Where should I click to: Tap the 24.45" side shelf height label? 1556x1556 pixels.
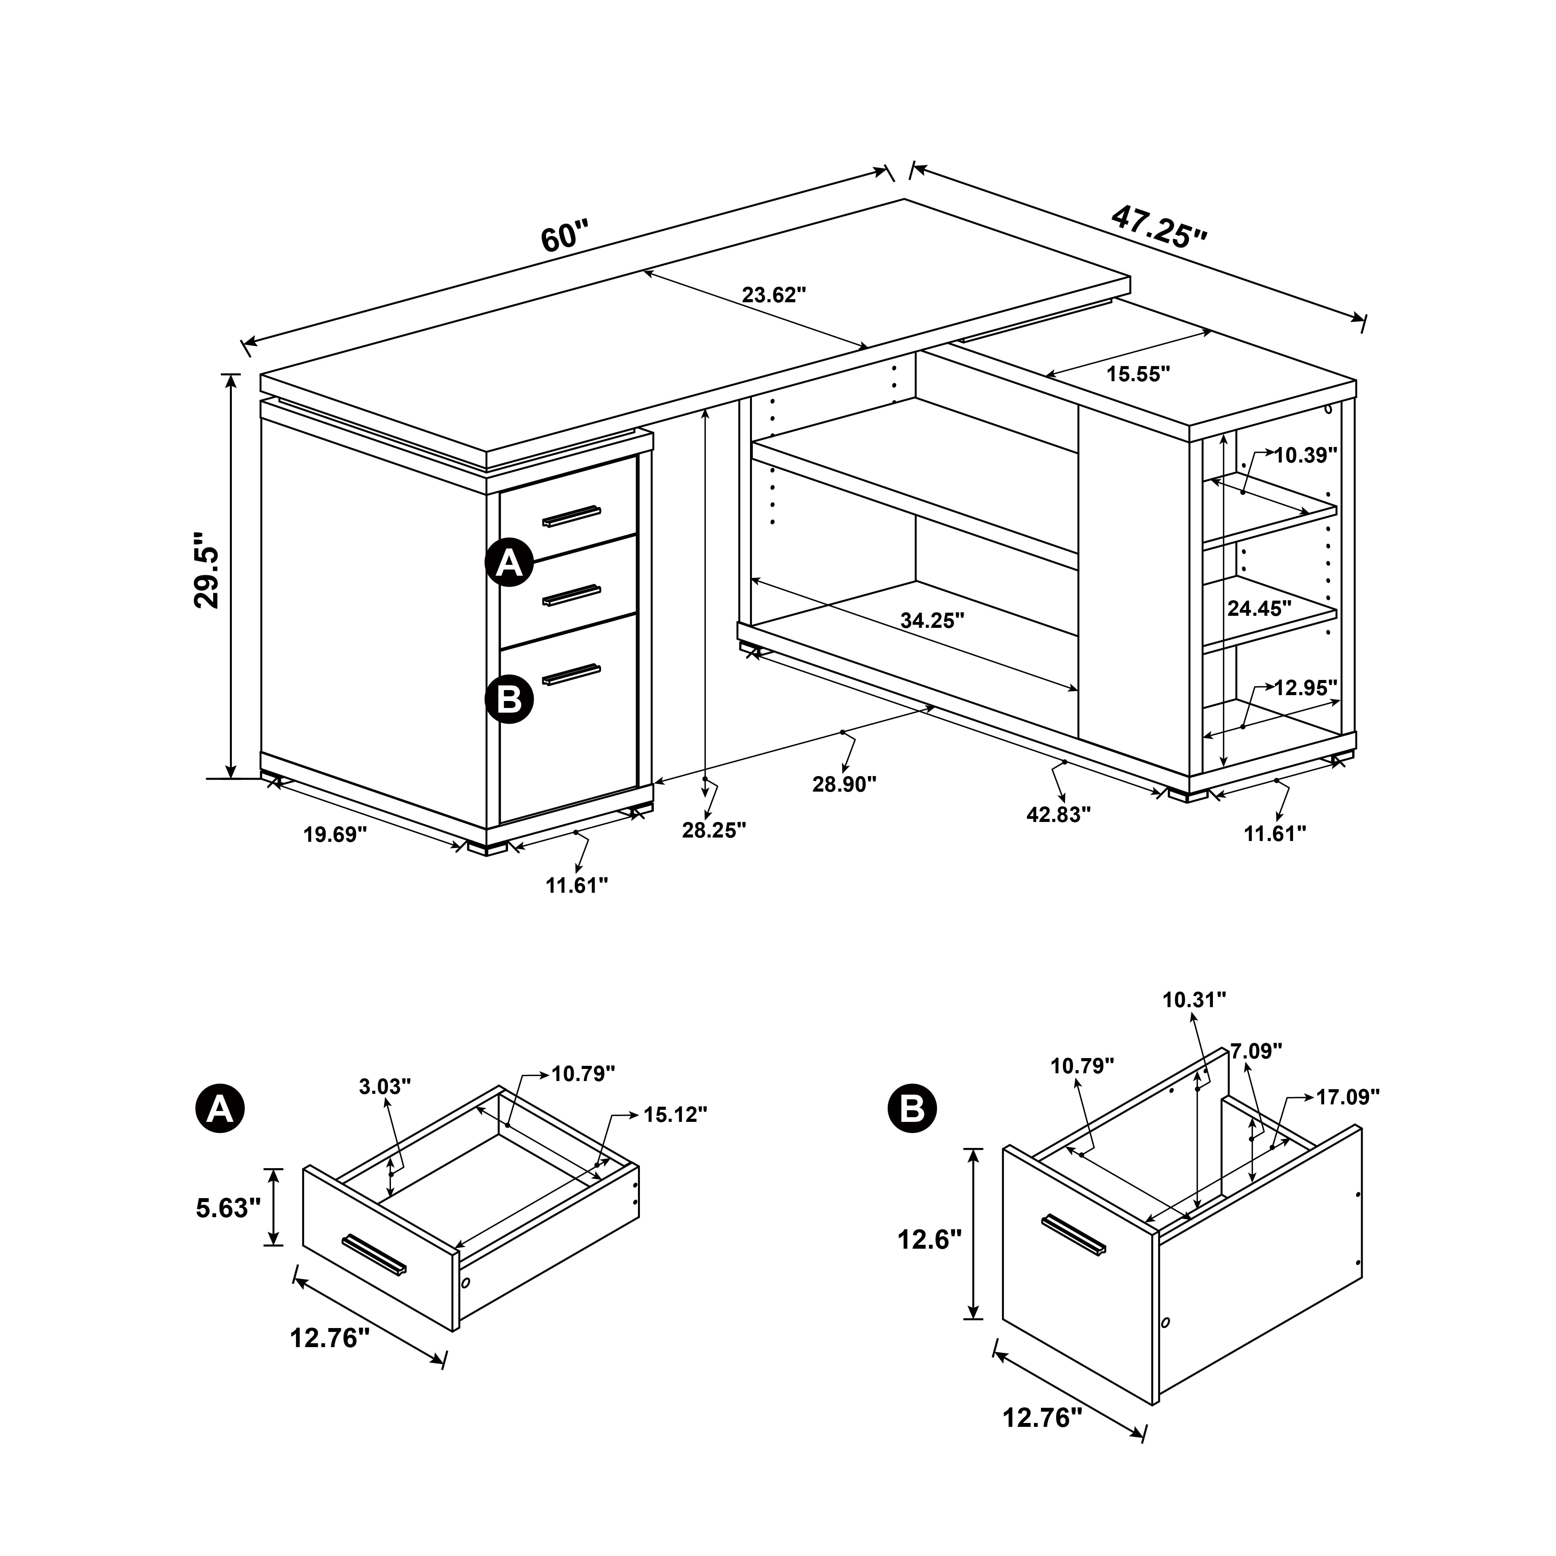[1259, 608]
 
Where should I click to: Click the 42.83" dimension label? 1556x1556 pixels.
[1058, 814]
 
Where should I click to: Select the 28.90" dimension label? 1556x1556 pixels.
[844, 783]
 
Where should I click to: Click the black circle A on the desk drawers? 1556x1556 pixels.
[509, 563]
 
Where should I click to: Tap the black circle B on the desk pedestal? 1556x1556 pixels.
[509, 699]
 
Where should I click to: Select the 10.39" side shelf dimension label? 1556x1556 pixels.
[1305, 455]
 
